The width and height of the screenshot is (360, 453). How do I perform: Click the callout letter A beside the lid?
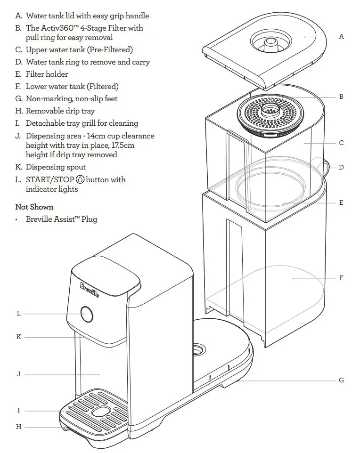click(341, 36)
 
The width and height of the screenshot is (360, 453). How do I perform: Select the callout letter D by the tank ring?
click(341, 167)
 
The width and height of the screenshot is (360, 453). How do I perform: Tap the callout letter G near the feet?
click(341, 380)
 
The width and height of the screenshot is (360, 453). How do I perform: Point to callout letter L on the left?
click(19, 313)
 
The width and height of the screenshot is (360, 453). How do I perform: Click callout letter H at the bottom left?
click(19, 427)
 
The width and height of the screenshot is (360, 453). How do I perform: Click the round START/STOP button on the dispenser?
click(86, 314)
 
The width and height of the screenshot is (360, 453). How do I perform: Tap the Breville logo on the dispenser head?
click(90, 289)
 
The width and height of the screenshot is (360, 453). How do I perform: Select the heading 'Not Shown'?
click(34, 207)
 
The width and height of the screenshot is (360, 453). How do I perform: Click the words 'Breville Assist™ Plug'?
click(61, 219)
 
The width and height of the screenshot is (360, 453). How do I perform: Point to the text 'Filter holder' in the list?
click(47, 74)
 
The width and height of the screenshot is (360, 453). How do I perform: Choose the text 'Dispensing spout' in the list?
click(56, 167)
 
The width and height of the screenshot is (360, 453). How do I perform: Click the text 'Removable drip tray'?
click(60, 111)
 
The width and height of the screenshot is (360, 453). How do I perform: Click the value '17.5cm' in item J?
click(122, 145)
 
